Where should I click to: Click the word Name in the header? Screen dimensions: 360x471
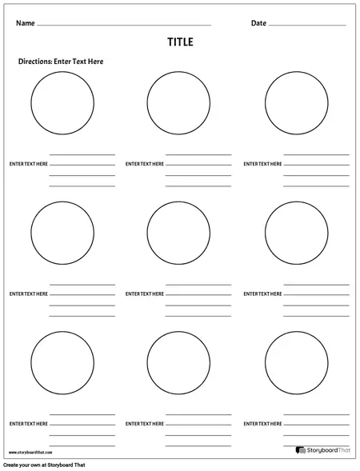coord(26,23)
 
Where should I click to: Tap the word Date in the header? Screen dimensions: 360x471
coord(258,23)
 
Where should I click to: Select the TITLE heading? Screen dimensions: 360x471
coord(180,42)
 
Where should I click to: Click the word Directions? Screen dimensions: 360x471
coord(34,62)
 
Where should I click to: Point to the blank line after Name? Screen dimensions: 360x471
coord(124,26)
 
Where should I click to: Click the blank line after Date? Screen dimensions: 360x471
coord(307,26)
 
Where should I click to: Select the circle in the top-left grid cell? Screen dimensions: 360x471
coord(62,103)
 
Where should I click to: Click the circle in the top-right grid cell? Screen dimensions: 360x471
coord(296,103)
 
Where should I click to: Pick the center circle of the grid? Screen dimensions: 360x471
coord(178,232)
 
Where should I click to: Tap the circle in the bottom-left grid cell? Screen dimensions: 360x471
coord(62,362)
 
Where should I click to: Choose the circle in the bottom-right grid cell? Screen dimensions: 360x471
coord(296,362)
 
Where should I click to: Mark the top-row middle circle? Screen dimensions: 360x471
coord(178,103)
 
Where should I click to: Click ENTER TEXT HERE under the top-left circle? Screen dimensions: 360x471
coord(28,164)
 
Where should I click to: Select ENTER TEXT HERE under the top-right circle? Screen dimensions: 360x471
coord(262,164)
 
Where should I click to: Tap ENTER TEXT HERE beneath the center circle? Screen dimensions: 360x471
coord(145,293)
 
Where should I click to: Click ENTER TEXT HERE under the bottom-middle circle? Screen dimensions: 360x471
coord(145,423)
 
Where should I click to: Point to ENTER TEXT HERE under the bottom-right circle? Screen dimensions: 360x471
coord(262,423)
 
